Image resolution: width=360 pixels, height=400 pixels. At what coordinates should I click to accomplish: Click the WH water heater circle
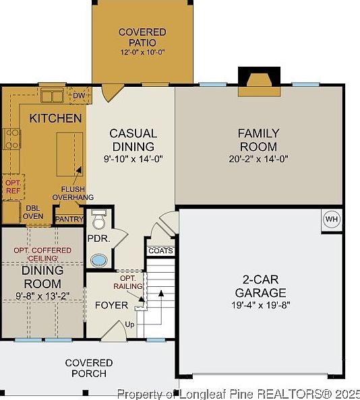pos(332,219)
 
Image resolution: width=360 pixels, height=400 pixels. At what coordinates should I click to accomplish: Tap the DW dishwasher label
pos(79,96)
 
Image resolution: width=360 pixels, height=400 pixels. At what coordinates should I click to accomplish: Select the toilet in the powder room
pos(98,220)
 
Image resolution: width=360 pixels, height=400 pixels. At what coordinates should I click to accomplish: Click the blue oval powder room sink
pos(99,261)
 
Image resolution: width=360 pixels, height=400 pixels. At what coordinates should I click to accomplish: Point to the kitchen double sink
pos(52,96)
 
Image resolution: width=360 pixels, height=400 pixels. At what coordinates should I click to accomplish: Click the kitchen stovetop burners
pos(11,139)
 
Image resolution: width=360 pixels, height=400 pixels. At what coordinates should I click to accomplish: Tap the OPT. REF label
pos(13,187)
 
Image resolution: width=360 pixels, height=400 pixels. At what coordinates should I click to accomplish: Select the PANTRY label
pos(69,219)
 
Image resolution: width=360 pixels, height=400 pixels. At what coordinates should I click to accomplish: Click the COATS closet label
pos(160,251)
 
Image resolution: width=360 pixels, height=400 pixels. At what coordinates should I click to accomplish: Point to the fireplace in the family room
pos(259,82)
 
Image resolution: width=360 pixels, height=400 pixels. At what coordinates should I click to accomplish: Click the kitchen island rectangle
pos(69,154)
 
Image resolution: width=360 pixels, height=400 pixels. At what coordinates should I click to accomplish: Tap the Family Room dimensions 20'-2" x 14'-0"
pos(258,159)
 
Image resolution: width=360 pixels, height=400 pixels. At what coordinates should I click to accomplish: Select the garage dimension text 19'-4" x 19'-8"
pos(261,305)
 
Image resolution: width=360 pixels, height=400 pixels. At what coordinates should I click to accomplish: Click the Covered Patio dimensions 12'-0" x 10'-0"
pos(142,52)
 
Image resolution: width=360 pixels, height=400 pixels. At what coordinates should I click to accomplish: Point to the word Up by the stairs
pos(129,325)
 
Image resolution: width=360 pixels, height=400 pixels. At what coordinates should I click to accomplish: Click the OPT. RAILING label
pos(128,282)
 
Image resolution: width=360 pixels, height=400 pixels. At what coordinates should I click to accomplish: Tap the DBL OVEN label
pos(33,212)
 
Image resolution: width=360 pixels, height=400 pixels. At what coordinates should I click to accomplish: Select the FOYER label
pos(111,305)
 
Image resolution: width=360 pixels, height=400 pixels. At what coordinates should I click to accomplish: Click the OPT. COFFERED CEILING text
pos(42,254)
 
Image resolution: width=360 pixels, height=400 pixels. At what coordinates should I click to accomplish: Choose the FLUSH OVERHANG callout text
pos(73,193)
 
